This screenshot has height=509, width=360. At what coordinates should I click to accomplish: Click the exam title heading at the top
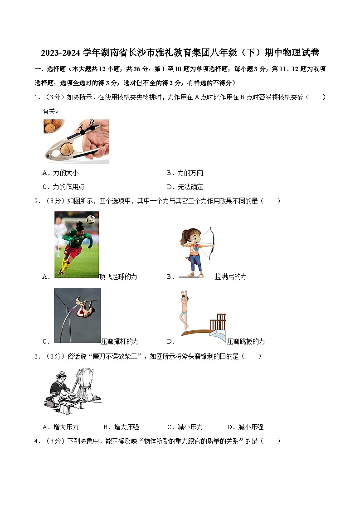coord(180,53)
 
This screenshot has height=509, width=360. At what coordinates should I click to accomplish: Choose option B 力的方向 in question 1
coord(185,173)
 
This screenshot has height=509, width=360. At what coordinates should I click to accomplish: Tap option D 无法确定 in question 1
coord(185,187)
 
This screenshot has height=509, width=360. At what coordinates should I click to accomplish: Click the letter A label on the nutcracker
coord(81,127)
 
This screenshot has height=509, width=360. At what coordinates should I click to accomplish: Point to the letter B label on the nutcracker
coord(91,122)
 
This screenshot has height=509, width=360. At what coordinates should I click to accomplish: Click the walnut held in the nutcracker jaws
coord(67,149)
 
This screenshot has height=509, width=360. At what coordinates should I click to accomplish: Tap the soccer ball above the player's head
coord(91,219)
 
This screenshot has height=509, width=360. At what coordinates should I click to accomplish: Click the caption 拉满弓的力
coord(231,276)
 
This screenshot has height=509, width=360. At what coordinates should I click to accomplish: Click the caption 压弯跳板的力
coord(246,341)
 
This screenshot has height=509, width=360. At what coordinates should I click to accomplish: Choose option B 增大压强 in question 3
coord(121,427)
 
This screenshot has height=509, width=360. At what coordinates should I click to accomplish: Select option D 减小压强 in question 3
coord(245,427)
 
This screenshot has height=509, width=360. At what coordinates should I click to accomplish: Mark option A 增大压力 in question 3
coord(60,427)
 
